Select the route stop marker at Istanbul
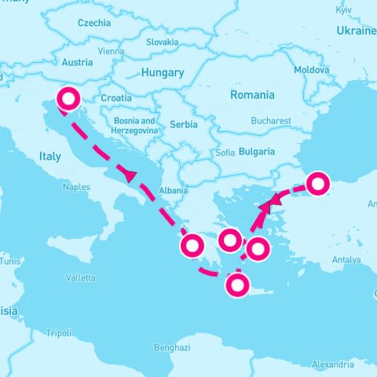tap(317, 184)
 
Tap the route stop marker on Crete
tap(236, 285)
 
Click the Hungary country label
tap(163, 72)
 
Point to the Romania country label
tap(252, 95)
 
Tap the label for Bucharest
tap(271, 121)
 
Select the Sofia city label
tap(225, 152)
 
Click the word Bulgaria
tap(257, 151)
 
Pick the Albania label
tap(173, 190)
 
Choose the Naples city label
tap(76, 188)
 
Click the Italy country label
tap(49, 157)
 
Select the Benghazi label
tap(172, 347)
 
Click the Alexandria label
tap(332, 364)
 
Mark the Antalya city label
tap(346, 259)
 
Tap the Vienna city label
tap(112, 51)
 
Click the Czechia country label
tap(93, 23)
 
